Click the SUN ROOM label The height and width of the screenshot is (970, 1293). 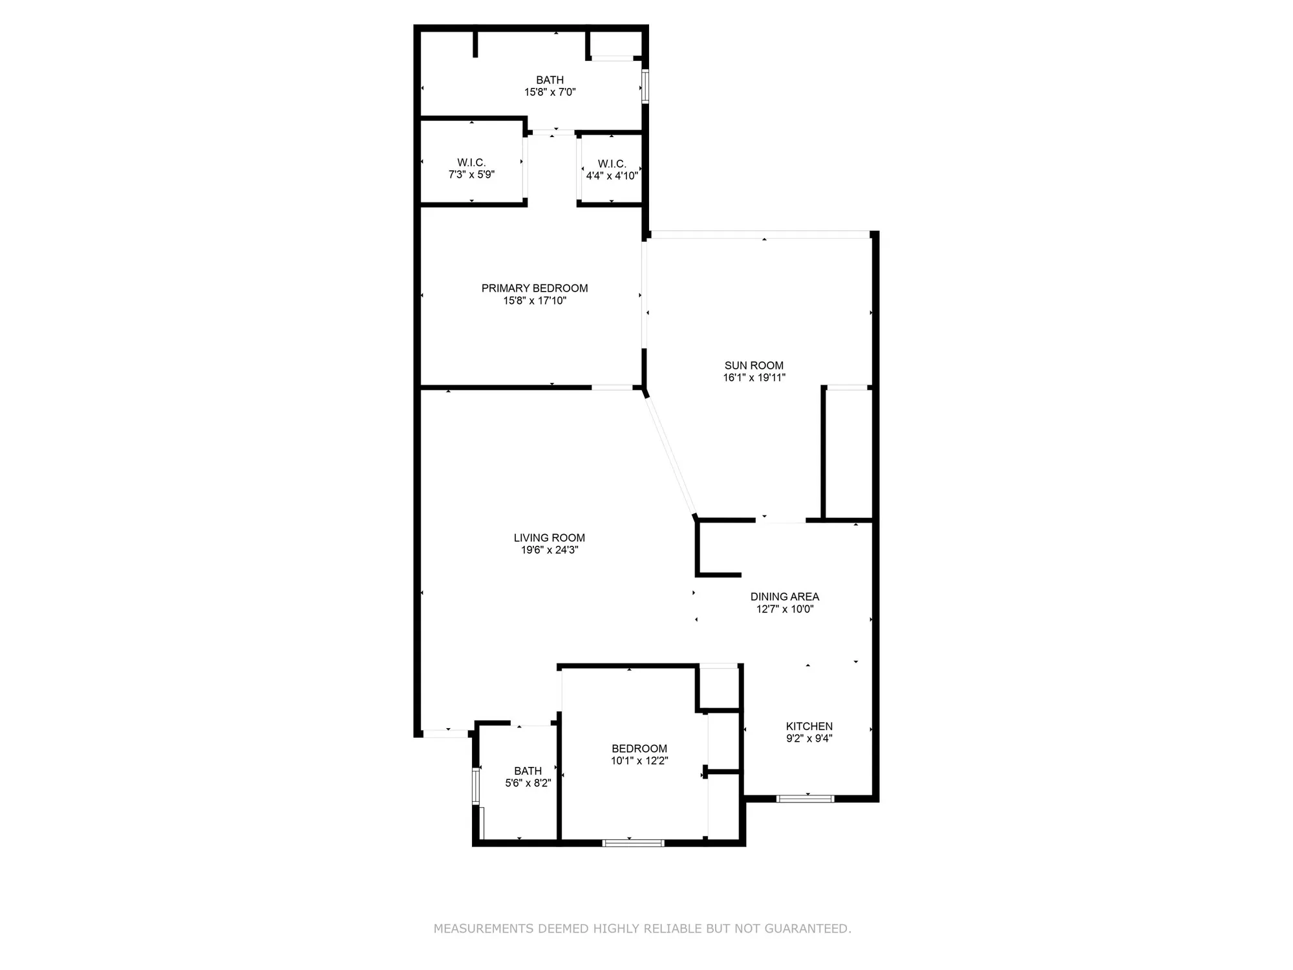point(754,365)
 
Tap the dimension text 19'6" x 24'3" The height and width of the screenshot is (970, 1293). point(550,550)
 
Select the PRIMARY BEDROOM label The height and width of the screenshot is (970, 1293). point(535,288)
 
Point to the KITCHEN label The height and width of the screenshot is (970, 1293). point(809,726)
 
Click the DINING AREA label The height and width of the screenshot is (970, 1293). point(784,596)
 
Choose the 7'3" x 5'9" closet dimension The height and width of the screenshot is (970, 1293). point(471,175)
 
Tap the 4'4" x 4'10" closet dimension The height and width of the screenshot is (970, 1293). point(612,176)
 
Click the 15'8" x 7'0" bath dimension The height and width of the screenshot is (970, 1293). point(550,92)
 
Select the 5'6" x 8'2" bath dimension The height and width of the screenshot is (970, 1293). point(528,783)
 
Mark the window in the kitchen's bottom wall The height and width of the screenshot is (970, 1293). point(805,799)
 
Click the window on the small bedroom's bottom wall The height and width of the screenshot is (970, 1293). point(633,843)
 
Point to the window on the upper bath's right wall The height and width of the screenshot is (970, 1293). point(645,86)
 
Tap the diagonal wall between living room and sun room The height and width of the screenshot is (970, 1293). point(670,456)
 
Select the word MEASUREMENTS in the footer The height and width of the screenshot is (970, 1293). point(484,929)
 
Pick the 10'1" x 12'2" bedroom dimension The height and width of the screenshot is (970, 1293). point(639,760)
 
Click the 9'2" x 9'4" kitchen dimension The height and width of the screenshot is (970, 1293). point(809,738)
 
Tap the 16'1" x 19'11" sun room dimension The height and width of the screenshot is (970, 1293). point(754,378)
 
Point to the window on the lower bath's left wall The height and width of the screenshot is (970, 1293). point(476,786)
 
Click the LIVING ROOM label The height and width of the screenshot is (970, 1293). point(550,537)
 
